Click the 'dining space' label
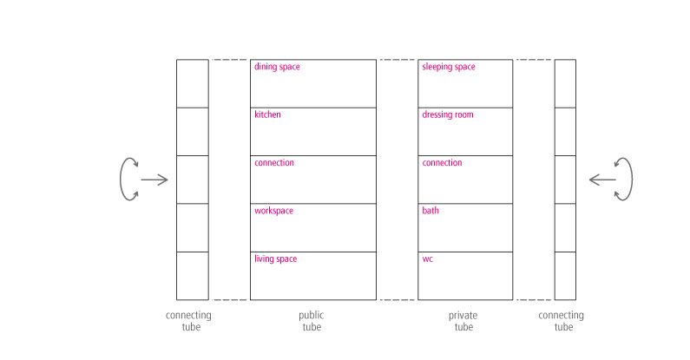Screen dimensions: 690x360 (x=277, y=67)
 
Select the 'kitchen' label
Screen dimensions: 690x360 (x=267, y=115)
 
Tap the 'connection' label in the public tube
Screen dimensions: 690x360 (x=274, y=162)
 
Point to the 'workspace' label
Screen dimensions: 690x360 (x=273, y=211)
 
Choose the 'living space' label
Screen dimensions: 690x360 (x=275, y=259)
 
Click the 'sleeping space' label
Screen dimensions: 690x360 (x=449, y=67)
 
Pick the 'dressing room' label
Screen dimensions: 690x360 (x=448, y=115)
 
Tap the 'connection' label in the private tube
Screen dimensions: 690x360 (x=442, y=162)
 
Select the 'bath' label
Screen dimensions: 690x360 (x=430, y=211)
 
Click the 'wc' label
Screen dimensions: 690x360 (x=427, y=259)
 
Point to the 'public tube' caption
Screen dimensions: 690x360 (x=312, y=321)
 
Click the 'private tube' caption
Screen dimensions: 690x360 (x=463, y=321)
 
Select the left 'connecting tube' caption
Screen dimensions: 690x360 (x=189, y=321)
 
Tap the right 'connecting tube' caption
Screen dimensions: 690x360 (x=561, y=321)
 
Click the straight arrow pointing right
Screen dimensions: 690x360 (x=154, y=180)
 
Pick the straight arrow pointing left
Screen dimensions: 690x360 (x=602, y=180)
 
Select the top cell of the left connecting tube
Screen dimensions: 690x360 (x=193, y=83)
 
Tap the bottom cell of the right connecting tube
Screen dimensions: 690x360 (x=565, y=276)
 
